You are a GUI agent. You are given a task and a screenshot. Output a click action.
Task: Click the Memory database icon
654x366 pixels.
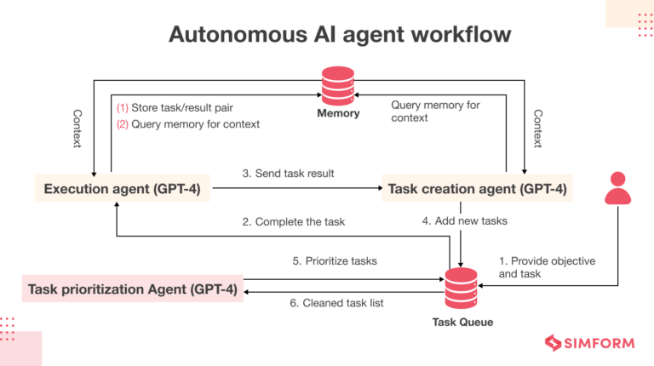click(x=338, y=85)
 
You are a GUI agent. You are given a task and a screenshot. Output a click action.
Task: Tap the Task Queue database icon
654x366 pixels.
click(x=462, y=288)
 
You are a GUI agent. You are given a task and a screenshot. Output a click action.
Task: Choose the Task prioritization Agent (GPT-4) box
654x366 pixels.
click(x=132, y=289)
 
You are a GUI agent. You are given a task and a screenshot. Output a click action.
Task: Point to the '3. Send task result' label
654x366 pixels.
click(x=288, y=174)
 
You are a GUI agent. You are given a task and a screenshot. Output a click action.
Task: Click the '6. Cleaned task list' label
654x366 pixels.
click(x=327, y=303)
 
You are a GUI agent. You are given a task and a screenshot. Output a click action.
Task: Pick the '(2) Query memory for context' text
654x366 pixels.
click(x=187, y=124)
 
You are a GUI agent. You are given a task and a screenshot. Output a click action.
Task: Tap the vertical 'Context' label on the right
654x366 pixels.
click(x=537, y=129)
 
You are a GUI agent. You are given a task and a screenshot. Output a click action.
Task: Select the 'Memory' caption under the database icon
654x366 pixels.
click(x=338, y=113)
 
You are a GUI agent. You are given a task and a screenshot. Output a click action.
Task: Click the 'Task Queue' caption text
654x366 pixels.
click(x=462, y=323)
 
